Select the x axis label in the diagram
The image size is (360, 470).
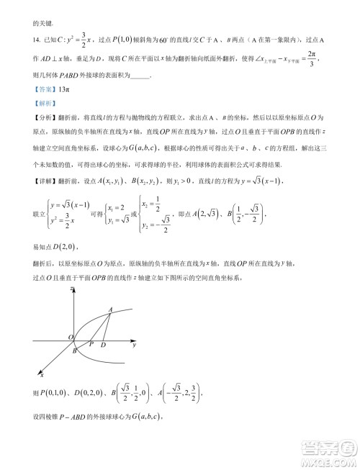[41, 374]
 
